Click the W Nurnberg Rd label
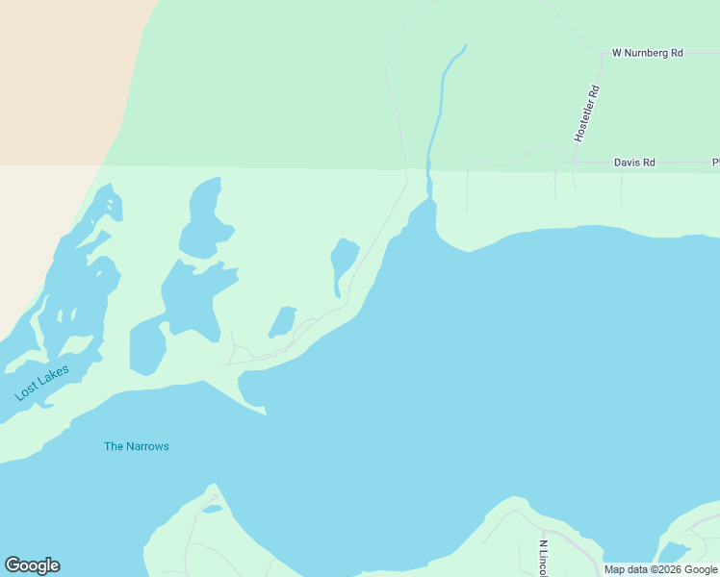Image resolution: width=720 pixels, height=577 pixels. tap(647, 53)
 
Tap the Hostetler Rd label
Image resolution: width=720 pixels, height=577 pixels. tap(587, 113)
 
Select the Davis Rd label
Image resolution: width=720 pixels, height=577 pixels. tap(634, 163)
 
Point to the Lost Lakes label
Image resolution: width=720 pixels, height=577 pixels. tap(42, 383)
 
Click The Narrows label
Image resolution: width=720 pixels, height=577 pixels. tap(137, 446)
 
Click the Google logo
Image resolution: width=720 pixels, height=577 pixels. tap(32, 565)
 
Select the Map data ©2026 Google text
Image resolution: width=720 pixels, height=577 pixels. tap(660, 569)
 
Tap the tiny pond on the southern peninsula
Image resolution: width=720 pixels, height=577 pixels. tap(213, 509)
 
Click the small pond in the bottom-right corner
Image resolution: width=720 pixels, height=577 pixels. tap(673, 552)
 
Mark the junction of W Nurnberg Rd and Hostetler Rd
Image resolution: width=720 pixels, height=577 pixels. tap(604, 54)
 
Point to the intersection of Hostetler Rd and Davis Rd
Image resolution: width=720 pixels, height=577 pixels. tap(574, 163)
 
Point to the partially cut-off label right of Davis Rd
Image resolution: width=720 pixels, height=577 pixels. tap(715, 163)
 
